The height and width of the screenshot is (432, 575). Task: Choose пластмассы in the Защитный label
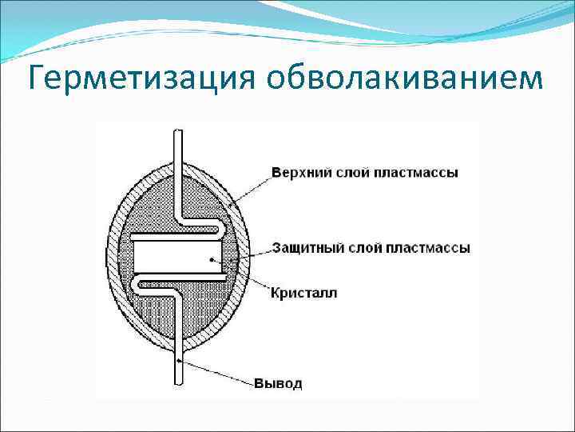(428, 247)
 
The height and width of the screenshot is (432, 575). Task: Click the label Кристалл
(304, 293)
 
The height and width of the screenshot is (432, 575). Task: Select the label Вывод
(279, 383)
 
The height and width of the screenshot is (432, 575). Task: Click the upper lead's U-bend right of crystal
(224, 230)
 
